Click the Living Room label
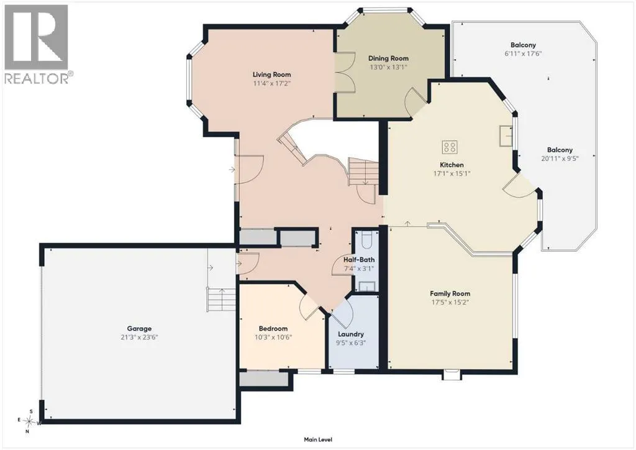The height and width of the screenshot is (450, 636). point(271,74)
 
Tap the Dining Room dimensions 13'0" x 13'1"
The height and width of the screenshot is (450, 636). point(388,67)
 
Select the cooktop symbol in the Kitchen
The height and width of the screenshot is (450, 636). point(450,147)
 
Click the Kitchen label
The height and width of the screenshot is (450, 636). point(452,165)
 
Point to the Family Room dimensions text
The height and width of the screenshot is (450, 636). point(450,302)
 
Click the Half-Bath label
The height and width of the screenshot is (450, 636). point(359,260)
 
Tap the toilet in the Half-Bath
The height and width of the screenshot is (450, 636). point(366,240)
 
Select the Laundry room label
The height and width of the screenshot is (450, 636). point(351,334)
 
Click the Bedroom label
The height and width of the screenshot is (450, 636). point(273,329)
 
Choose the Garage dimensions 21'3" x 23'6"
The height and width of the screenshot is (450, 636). point(139,337)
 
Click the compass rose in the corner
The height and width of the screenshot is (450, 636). point(30,421)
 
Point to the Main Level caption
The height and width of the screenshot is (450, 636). point(318,439)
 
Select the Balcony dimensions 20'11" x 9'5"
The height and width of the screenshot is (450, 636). point(560,158)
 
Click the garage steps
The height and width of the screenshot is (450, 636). point(222,299)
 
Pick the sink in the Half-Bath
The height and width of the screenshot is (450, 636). point(366,287)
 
